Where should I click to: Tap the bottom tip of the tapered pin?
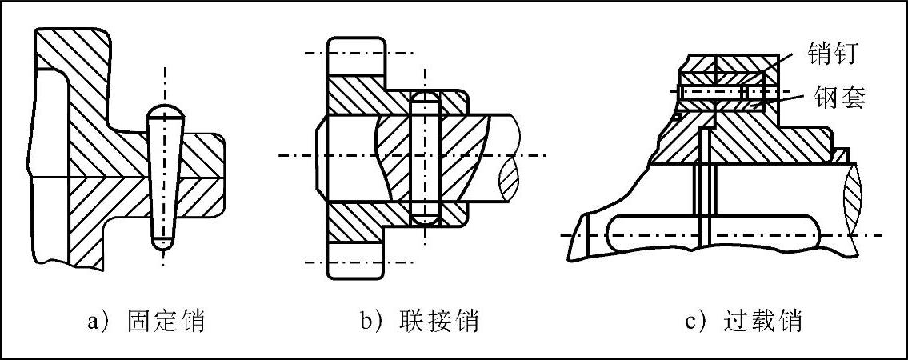pos(165,241)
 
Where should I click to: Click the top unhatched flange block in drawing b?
pos(356,54)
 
